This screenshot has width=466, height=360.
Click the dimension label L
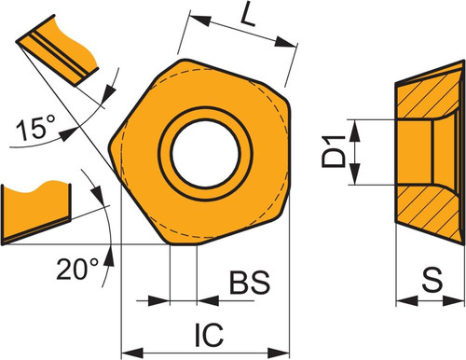(247, 14)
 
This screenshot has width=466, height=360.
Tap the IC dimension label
(209, 335)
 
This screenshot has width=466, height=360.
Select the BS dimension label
(250, 283)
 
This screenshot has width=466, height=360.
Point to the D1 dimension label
(334, 152)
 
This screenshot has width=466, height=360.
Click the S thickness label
(432, 280)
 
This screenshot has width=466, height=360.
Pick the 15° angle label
(35, 127)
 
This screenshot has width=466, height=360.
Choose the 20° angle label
(77, 269)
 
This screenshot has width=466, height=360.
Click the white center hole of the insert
(205, 154)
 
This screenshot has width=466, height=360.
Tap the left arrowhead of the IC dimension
(132, 353)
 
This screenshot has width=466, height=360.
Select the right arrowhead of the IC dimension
(279, 353)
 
